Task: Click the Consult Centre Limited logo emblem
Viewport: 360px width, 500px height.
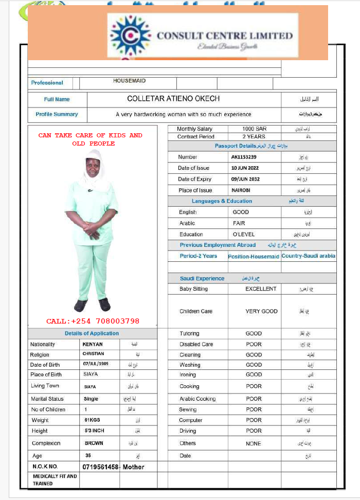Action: click(x=131, y=35)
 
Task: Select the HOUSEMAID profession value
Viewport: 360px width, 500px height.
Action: click(x=129, y=81)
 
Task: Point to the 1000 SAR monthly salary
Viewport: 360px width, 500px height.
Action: click(x=254, y=129)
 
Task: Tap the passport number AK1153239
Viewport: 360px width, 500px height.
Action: click(x=244, y=157)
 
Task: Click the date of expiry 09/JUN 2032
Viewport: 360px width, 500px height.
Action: click(x=246, y=179)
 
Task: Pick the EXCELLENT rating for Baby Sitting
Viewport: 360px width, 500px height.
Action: click(x=261, y=289)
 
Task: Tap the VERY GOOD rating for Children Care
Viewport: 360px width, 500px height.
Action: click(x=261, y=311)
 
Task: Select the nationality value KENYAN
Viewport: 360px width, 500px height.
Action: click(x=93, y=344)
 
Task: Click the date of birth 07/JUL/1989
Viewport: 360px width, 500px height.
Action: click(x=97, y=364)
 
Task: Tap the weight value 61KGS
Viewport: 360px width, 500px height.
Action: click(x=93, y=420)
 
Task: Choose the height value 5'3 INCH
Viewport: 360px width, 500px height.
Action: click(x=95, y=431)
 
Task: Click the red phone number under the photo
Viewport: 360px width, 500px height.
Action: click(x=93, y=321)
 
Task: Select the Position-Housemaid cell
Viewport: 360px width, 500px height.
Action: click(x=254, y=256)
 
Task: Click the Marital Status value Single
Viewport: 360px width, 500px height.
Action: click(x=91, y=399)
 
